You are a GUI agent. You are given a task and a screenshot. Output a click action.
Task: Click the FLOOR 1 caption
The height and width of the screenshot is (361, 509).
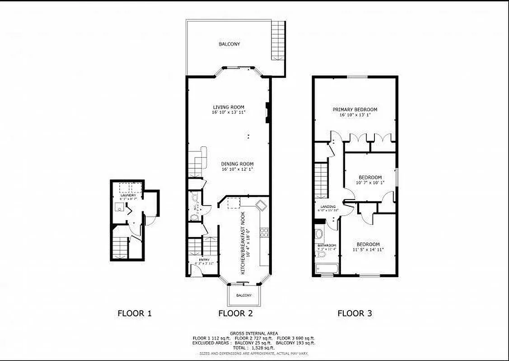134,313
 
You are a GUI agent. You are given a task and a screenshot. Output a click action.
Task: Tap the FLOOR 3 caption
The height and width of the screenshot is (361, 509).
355,313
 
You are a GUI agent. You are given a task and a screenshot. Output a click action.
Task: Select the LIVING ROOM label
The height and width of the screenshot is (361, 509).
229,107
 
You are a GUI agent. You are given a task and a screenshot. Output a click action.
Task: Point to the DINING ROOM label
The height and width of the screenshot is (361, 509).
237,164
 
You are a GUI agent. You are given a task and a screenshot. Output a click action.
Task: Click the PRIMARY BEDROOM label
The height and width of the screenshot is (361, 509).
355,109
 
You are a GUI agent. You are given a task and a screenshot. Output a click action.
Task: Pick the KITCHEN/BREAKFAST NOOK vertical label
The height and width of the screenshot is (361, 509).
243,243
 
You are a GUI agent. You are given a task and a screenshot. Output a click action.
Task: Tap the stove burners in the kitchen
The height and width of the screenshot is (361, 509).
264,233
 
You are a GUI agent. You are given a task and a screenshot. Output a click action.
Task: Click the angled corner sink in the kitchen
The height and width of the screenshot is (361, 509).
261,205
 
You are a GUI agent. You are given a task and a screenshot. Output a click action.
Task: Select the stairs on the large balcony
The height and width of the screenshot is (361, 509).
278,41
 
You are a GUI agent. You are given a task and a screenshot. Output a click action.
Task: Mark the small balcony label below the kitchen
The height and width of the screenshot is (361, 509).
244,295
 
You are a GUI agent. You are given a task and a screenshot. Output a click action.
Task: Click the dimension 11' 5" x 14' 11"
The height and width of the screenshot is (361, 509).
368,249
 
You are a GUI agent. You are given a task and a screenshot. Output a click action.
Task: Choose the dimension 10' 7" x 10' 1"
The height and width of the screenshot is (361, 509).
370,182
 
